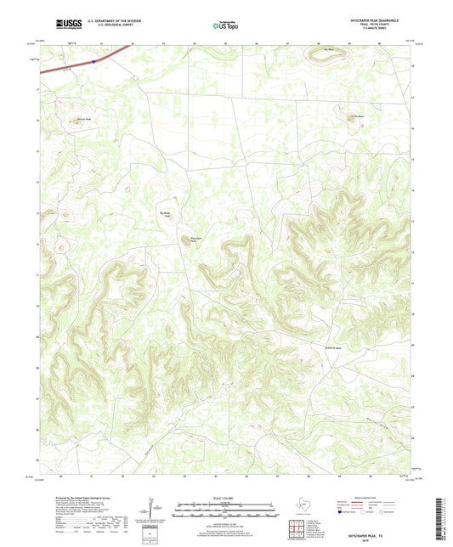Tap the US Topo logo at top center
click(225, 25)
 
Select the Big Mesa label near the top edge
click(332, 50)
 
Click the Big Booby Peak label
click(168, 214)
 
